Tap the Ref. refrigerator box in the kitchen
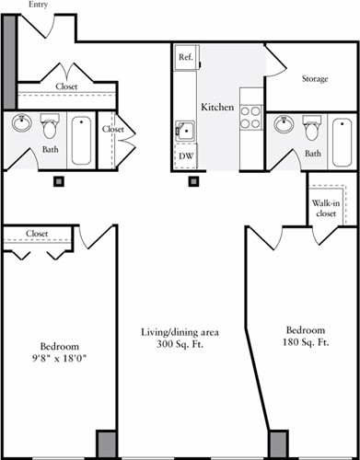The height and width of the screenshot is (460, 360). pos(185,57)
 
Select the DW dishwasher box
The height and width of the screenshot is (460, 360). pos(185,157)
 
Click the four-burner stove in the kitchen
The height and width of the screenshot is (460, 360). pos(250,117)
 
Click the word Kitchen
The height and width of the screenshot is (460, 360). pos(217,108)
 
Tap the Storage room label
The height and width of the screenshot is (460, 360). pos(316,79)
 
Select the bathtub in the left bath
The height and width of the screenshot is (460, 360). pos(81,139)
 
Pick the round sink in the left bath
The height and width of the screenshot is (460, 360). pos(22,123)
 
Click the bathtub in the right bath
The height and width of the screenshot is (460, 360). pos(341,139)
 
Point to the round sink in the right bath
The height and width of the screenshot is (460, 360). pos(285,124)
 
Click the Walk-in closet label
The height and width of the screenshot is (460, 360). pos(324,208)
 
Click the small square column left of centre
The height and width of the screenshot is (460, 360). pos(58,181)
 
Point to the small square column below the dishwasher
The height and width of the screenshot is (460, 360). pos(193,181)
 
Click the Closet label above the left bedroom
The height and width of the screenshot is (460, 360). pos(37,234)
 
